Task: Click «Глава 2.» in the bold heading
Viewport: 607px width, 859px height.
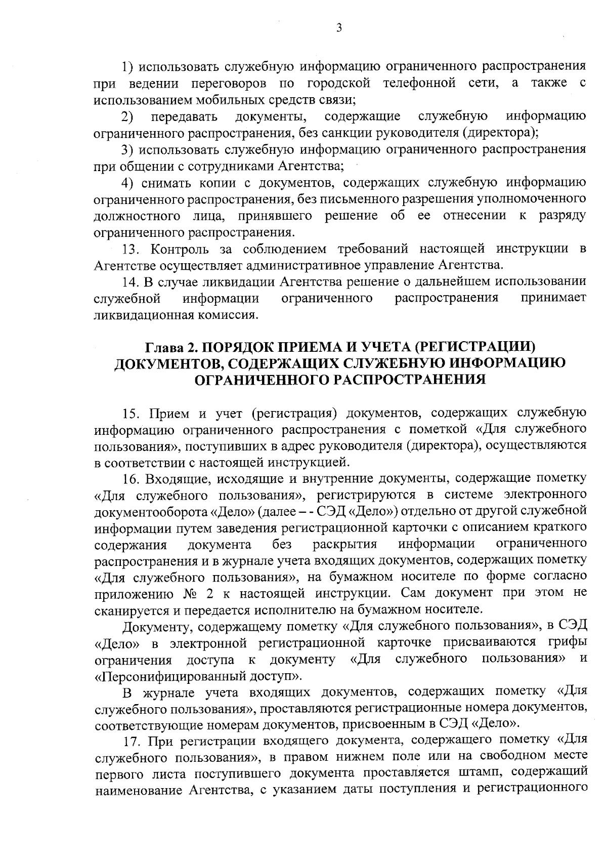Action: tap(169, 347)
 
